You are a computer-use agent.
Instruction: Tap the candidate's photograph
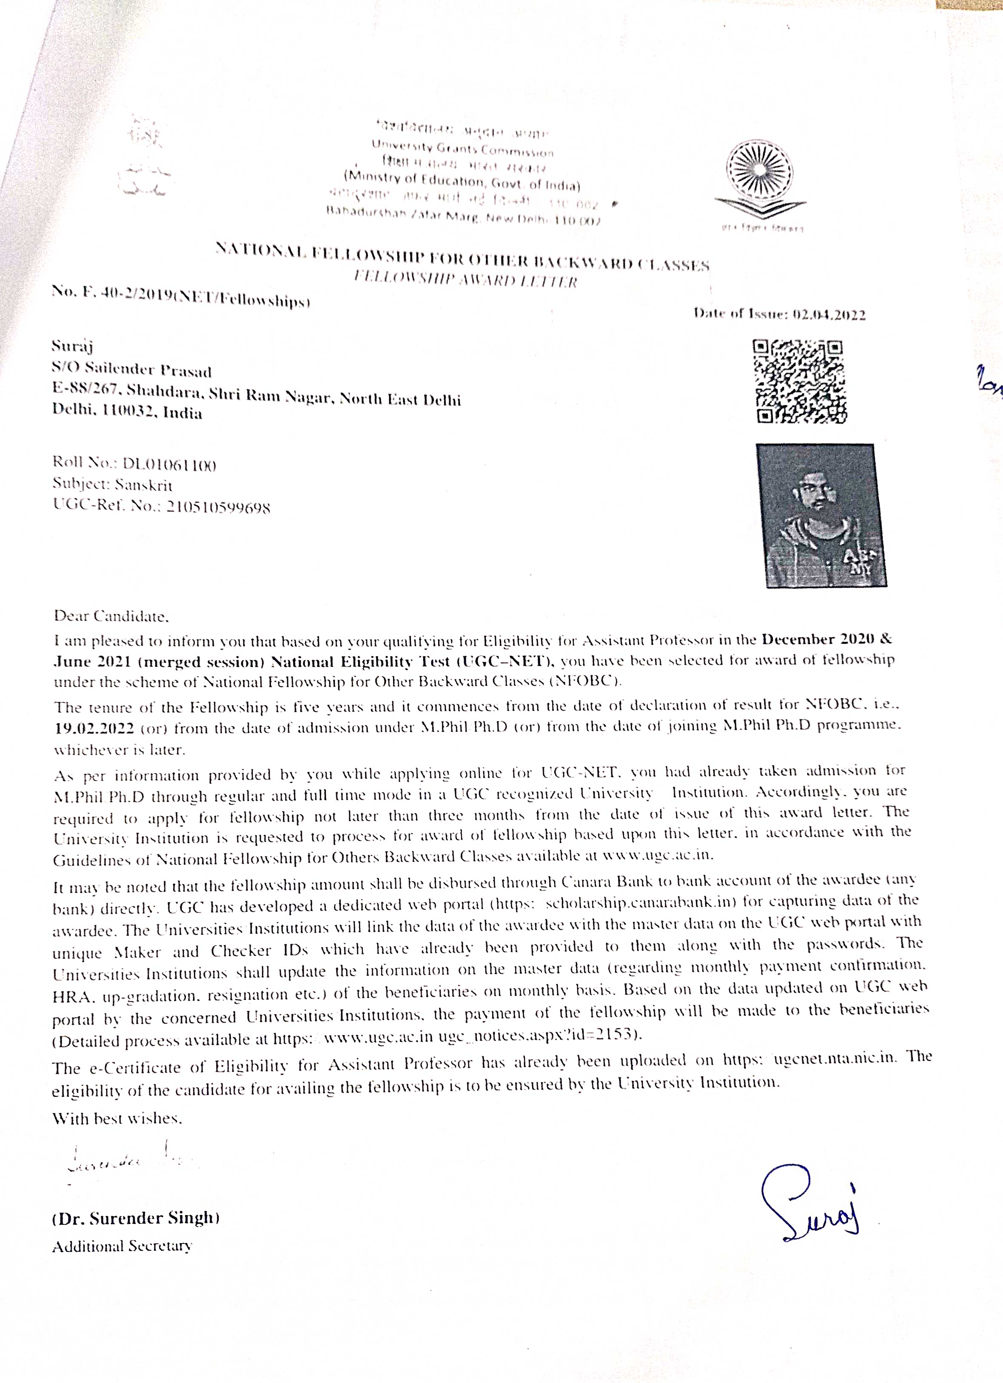(821, 515)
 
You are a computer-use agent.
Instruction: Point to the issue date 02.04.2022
(829, 315)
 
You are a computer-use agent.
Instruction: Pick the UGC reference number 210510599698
(218, 507)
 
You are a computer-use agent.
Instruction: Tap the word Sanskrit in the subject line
(144, 486)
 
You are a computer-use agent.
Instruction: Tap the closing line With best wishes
(117, 1118)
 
